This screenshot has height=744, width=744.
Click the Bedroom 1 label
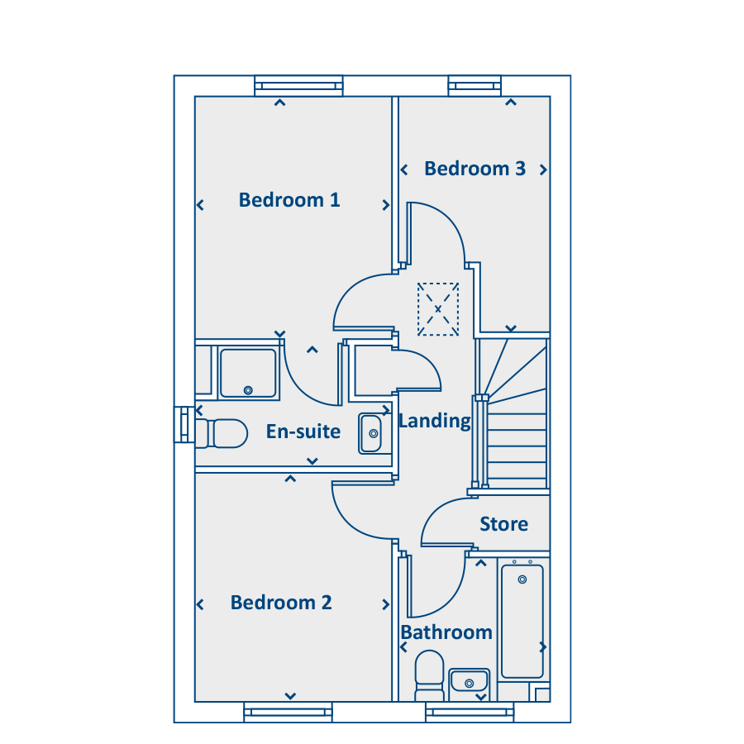coord(289,200)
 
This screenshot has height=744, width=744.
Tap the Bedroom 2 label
coord(281,602)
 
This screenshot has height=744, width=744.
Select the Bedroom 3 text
coord(475,169)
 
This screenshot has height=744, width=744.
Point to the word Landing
coord(435,421)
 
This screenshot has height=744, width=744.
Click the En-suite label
coord(303,432)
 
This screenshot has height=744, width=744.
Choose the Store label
coord(504,524)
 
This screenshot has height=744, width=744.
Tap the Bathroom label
coord(446,632)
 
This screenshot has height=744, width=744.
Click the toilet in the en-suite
coord(222,433)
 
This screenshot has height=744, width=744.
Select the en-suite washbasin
coord(370,433)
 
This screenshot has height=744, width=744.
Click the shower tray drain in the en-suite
coord(248,390)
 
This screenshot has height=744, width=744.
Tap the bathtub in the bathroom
coord(522,621)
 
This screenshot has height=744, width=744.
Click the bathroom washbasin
coord(470,681)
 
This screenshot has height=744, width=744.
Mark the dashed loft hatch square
coord(438,309)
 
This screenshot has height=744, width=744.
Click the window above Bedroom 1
coord(298,86)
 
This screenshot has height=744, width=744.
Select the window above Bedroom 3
coord(475,86)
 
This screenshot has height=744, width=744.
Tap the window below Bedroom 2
coord(288,713)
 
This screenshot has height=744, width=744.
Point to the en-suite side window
coord(184,425)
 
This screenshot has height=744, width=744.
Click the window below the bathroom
coord(470,713)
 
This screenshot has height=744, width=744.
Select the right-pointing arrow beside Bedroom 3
coord(544,169)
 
